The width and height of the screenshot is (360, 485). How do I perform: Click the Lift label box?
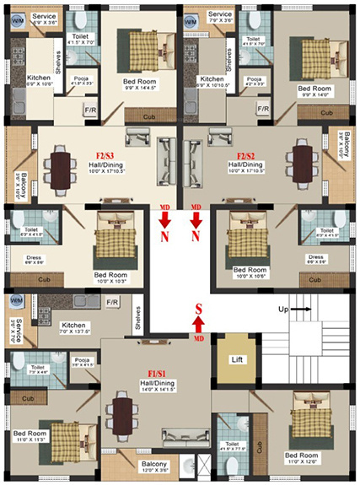[237, 359]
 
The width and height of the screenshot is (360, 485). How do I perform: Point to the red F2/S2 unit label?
[246, 156]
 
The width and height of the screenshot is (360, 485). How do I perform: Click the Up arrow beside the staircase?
[295, 310]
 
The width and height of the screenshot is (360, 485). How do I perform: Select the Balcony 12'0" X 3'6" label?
[154, 467]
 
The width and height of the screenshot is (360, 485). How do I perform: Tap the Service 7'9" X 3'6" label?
[221, 19]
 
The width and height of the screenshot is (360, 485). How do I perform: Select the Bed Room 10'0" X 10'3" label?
[114, 278]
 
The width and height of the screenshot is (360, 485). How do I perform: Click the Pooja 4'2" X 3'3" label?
[254, 82]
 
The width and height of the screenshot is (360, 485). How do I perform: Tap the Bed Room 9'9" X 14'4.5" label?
[142, 84]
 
